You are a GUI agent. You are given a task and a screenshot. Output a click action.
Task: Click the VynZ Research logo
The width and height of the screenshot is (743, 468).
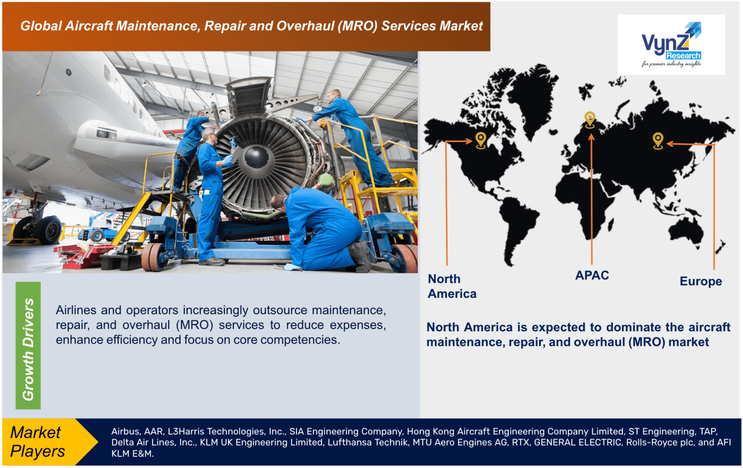pyautogui.click(x=671, y=45)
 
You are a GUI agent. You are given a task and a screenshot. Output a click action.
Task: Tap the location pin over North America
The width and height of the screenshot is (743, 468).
pyautogui.click(x=481, y=139)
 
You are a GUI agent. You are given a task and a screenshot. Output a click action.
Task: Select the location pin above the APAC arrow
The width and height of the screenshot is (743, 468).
pyautogui.click(x=590, y=119)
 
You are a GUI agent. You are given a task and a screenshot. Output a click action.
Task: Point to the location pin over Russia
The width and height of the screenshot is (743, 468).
pyautogui.click(x=658, y=140)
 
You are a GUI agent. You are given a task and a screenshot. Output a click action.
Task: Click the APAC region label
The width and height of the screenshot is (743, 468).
pyautogui.click(x=592, y=276)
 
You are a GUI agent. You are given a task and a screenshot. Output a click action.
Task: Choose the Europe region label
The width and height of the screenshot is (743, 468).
pyautogui.click(x=700, y=282)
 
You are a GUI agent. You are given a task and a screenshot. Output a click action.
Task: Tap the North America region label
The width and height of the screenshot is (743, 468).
pyautogui.click(x=451, y=286)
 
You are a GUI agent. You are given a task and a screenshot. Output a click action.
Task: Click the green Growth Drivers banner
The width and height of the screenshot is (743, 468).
pyautogui.click(x=28, y=346)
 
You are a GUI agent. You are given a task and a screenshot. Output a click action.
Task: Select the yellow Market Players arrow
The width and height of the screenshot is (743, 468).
pyautogui.click(x=46, y=442)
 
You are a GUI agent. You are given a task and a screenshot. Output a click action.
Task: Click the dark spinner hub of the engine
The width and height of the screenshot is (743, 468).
pyautogui.click(x=256, y=157)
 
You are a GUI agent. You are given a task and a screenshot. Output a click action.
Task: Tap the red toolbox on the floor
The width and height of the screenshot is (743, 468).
pyautogui.click(x=81, y=256)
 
